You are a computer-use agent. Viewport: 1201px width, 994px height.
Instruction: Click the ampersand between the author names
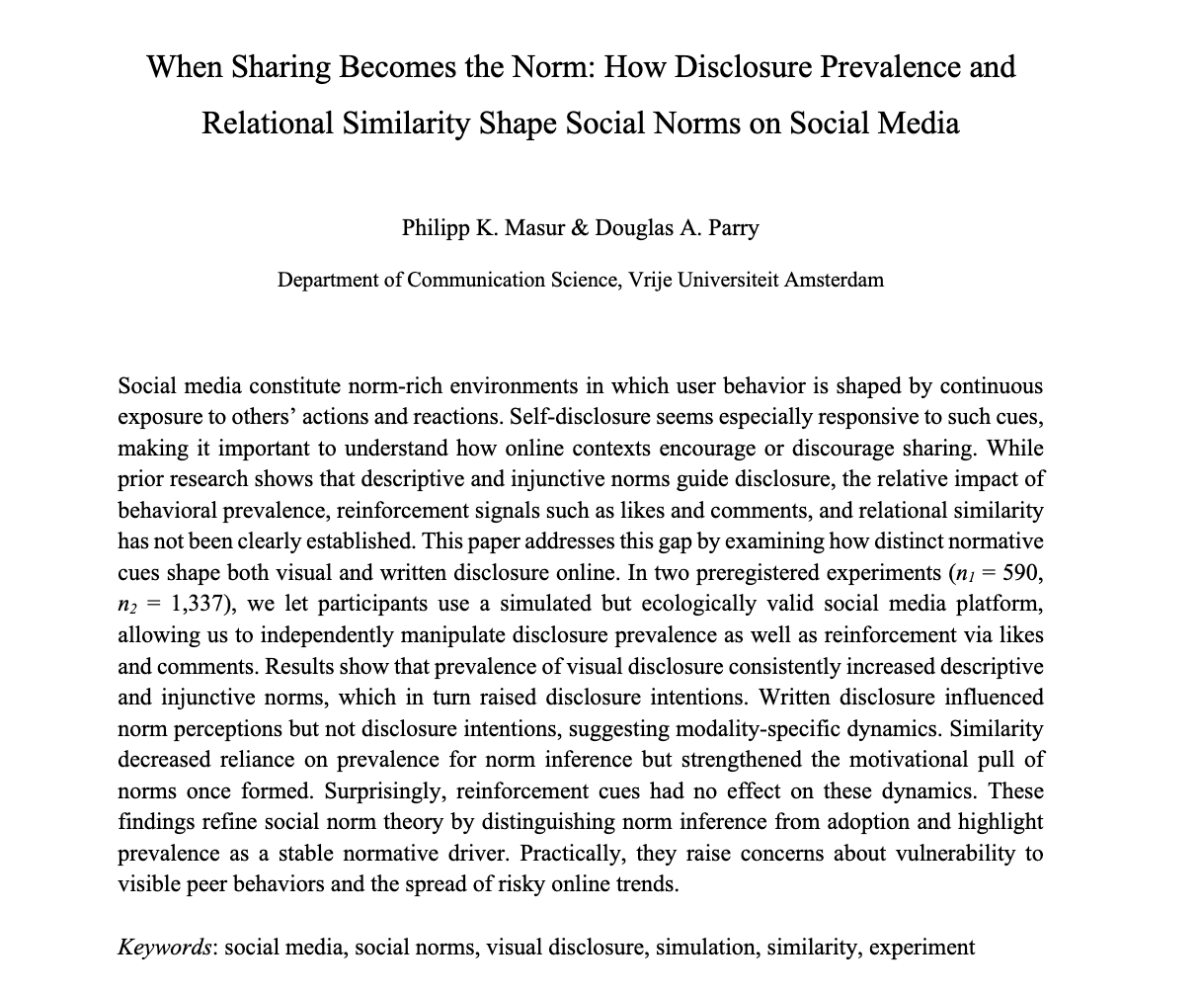tap(579, 227)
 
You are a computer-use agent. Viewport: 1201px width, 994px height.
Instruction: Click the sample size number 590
tap(1022, 572)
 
